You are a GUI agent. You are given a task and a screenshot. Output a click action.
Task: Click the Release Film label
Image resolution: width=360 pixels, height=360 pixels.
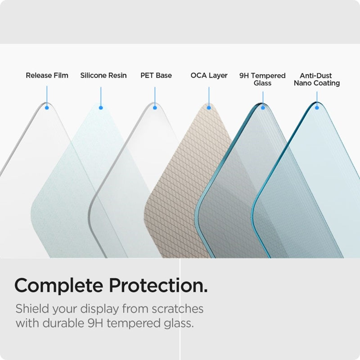[x=47, y=75]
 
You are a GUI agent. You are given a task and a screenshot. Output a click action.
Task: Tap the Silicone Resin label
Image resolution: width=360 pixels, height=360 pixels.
[x=103, y=75]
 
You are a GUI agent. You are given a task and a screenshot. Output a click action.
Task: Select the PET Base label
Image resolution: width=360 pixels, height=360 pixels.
[x=156, y=75]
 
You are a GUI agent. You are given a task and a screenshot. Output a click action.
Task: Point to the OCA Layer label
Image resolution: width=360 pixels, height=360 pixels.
[x=209, y=75]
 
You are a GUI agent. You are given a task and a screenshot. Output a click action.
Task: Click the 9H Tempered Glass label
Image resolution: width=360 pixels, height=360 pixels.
[x=262, y=79]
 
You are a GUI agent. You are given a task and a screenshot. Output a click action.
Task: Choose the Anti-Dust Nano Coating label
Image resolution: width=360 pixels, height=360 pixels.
[x=316, y=79]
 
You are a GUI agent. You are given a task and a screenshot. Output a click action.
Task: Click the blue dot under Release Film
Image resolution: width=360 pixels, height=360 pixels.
[x=47, y=108]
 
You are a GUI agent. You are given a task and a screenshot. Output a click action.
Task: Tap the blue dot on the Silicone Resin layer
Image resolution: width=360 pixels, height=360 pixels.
[x=101, y=108]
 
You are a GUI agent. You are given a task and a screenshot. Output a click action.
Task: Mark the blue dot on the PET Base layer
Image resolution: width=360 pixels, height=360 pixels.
[x=155, y=108]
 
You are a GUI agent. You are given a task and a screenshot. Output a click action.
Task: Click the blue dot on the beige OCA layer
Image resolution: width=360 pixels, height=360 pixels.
[x=209, y=108]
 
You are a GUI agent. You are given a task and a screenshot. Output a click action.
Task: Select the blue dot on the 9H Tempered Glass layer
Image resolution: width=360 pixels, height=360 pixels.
[x=263, y=108]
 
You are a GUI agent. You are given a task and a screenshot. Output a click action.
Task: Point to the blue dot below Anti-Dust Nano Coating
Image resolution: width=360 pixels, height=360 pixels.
[x=317, y=108]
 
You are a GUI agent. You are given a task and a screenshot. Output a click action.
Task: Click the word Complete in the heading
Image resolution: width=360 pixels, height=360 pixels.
[x=58, y=286]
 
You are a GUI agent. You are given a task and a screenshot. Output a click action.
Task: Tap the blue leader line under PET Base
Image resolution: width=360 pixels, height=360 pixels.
[x=155, y=96]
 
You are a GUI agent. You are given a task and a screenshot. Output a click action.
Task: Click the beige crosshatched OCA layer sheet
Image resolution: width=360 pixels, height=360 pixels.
[x=189, y=189]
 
